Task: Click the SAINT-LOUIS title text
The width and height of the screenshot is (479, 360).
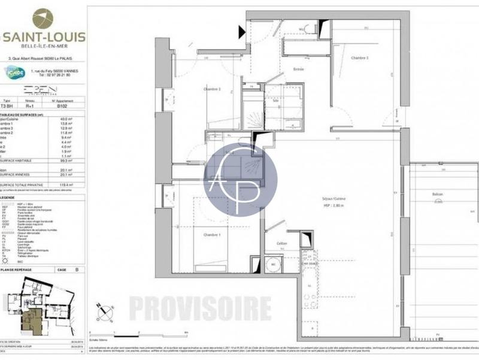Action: (x=44, y=37)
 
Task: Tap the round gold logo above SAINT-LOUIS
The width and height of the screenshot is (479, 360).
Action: (x=43, y=18)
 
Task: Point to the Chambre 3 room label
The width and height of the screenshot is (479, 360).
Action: (x=359, y=58)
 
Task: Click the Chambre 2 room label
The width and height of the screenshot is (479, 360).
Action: (x=212, y=89)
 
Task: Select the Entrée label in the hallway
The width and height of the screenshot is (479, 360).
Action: (x=298, y=69)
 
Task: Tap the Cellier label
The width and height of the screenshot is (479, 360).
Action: (x=282, y=243)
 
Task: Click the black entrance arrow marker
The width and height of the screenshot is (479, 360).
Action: (x=242, y=32)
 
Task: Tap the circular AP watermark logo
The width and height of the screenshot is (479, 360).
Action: (x=241, y=179)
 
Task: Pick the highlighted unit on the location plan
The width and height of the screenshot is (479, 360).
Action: (x=30, y=321)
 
